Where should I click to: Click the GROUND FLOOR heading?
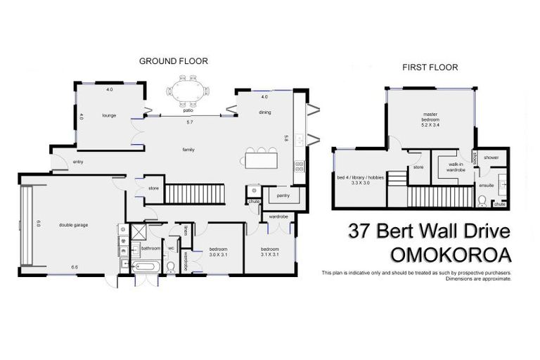(173, 61)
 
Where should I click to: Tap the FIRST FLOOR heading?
(430, 67)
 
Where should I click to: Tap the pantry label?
(284, 195)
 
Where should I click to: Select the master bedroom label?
(430, 121)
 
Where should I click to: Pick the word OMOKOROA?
(430, 254)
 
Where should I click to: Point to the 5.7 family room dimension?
(188, 122)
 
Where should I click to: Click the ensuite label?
(486, 185)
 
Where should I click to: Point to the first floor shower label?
(491, 157)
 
